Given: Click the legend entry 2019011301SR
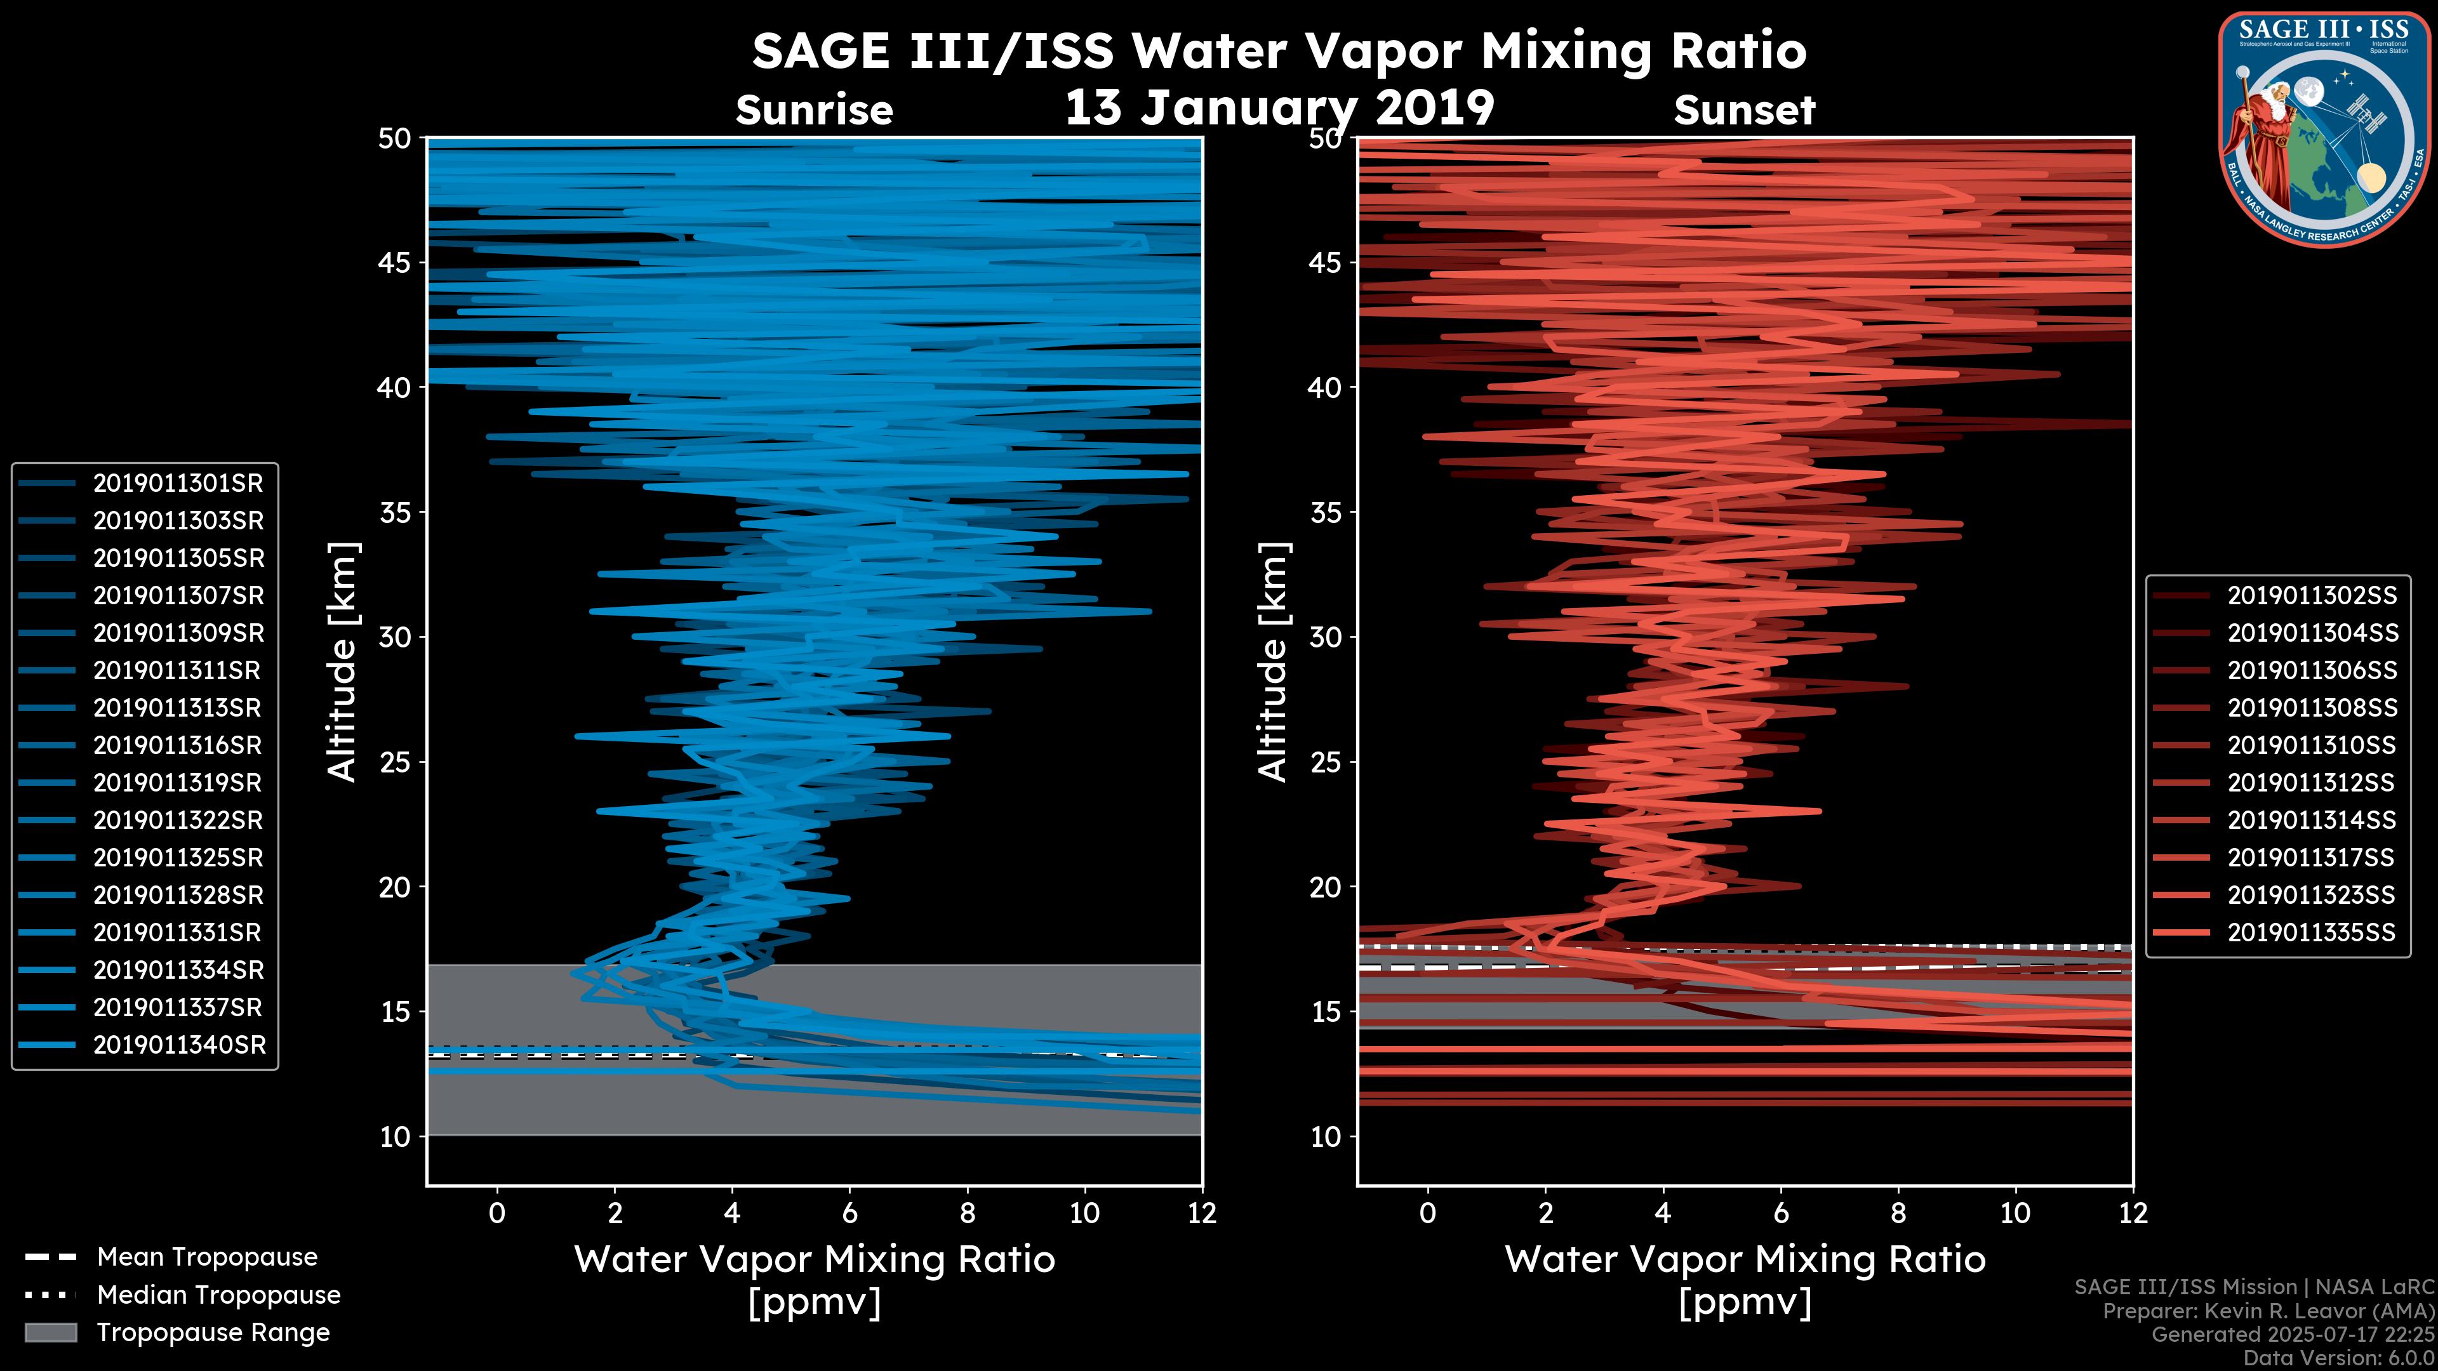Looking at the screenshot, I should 178,484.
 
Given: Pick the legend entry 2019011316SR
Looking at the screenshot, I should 177,746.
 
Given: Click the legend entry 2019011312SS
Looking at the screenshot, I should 2310,783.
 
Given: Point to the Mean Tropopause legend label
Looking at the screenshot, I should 207,1257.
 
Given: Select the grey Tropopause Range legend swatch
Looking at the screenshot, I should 50,1332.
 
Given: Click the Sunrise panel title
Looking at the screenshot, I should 814,110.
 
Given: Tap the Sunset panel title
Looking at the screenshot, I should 1744,110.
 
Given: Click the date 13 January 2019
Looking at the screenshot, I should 1279,108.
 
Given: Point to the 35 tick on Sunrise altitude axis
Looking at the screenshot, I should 396,513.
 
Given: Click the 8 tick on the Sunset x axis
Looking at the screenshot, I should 1898,1213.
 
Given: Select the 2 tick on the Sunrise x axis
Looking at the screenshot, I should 615,1213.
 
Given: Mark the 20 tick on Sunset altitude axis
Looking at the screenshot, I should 1326,887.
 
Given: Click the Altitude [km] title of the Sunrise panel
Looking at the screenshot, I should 343,661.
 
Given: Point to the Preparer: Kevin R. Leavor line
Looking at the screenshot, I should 2268,1311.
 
